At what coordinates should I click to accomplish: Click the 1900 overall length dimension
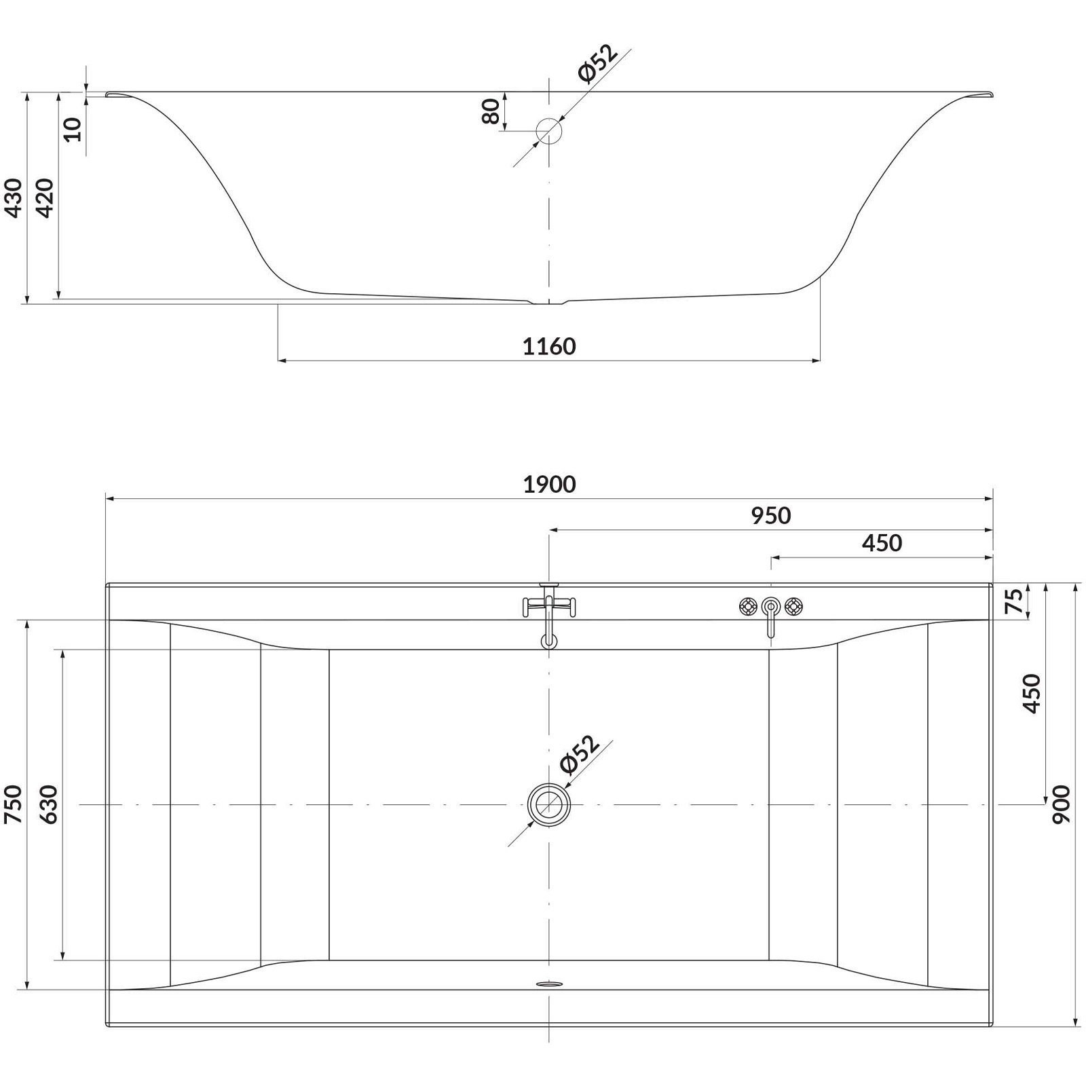(x=549, y=485)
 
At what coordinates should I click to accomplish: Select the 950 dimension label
(x=771, y=516)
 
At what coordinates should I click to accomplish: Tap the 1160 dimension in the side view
(x=549, y=347)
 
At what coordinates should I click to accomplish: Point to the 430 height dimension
(x=14, y=198)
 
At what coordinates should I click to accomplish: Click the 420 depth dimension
(x=45, y=198)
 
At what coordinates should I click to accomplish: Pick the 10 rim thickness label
(x=73, y=129)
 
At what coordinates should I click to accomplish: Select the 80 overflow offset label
(x=491, y=111)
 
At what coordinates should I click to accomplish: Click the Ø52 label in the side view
(x=597, y=63)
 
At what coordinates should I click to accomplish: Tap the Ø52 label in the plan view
(x=580, y=754)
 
